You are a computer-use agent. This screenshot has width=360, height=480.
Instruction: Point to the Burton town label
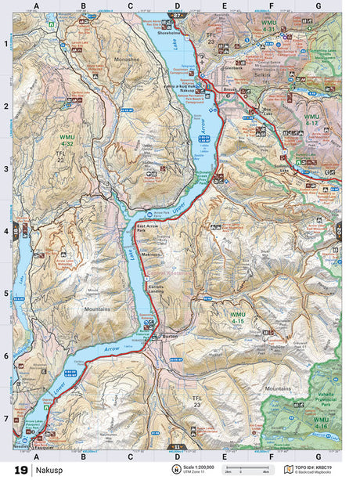pyautogui.click(x=170, y=335)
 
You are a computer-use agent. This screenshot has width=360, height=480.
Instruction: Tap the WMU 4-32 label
pyautogui.click(x=66, y=144)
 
